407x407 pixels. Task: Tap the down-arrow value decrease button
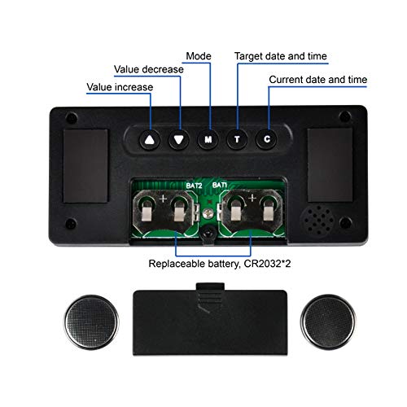(x=178, y=139)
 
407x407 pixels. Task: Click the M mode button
(x=208, y=139)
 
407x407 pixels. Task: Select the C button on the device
(x=267, y=139)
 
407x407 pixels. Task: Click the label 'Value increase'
(x=120, y=87)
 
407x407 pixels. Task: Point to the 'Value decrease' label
(x=149, y=69)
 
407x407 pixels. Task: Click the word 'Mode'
(x=199, y=56)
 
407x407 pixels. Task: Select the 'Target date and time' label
(x=281, y=56)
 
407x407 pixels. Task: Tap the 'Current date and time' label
(x=318, y=80)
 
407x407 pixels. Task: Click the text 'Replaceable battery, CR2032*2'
(x=220, y=264)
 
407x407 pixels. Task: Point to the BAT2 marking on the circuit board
(x=194, y=186)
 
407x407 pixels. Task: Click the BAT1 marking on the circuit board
(x=220, y=185)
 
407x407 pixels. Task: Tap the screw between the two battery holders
(x=208, y=213)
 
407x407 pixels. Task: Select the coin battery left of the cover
(x=91, y=322)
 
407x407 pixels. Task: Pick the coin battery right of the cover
(x=328, y=322)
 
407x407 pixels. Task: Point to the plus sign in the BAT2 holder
(x=163, y=199)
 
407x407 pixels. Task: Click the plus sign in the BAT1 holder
(x=252, y=198)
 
